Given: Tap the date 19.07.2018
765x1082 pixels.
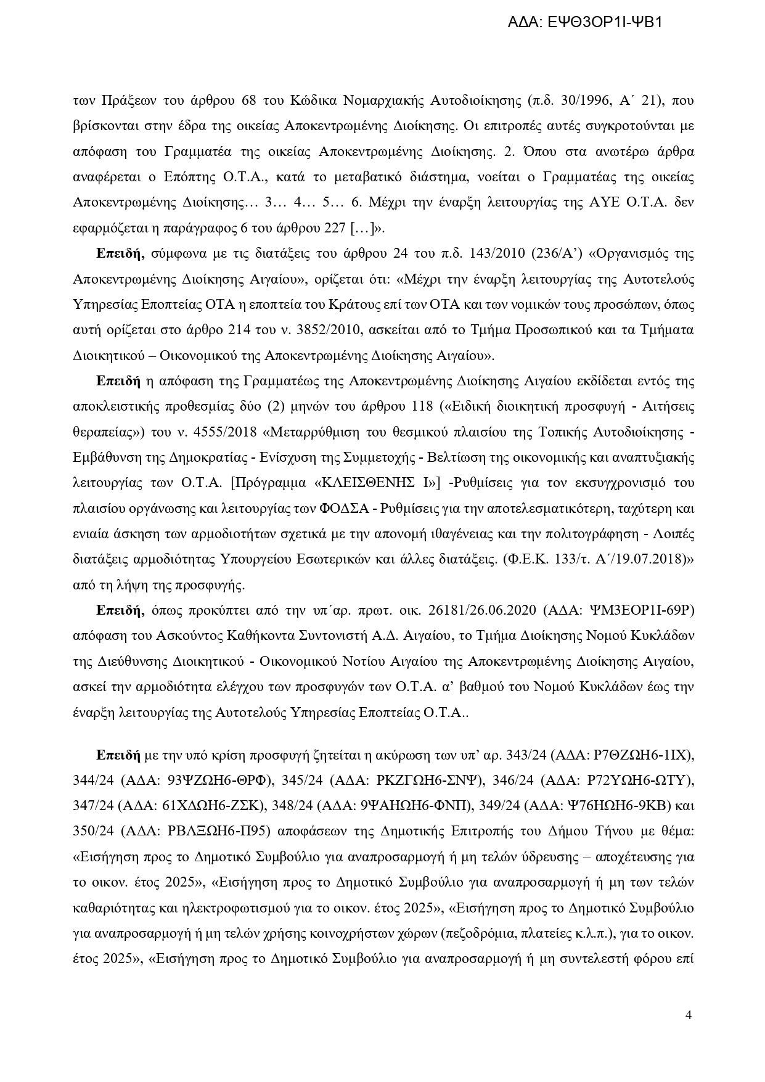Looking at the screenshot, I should click(648, 559).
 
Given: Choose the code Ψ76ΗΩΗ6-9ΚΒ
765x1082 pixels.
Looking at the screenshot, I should click(615, 806).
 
